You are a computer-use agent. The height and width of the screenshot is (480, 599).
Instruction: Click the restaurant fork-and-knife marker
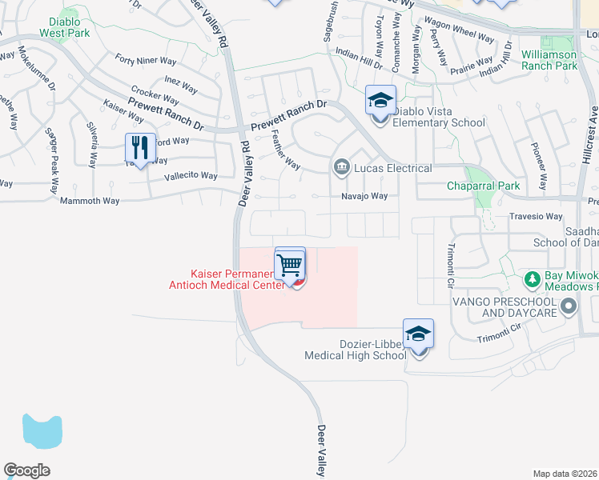click(x=141, y=148)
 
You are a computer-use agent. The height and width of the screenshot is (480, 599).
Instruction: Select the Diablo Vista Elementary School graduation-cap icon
click(x=380, y=102)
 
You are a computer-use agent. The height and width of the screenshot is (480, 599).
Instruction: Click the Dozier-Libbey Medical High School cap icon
click(x=418, y=334)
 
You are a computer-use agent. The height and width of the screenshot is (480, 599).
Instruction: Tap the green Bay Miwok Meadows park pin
click(x=531, y=279)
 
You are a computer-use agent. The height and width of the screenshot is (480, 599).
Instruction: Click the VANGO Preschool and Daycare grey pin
click(x=569, y=306)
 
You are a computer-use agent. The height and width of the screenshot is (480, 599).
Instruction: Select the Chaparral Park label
click(x=483, y=186)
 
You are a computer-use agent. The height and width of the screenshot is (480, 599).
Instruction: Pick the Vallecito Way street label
click(x=191, y=176)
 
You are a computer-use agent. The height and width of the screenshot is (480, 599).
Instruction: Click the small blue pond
click(x=42, y=431)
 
